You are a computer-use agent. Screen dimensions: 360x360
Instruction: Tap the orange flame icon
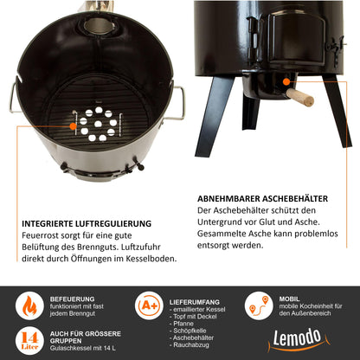point(29,305)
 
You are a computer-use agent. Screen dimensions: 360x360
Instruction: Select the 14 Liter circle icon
point(29,341)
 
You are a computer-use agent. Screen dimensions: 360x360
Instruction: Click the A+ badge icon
point(149,305)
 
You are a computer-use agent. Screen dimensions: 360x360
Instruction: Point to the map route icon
point(259,305)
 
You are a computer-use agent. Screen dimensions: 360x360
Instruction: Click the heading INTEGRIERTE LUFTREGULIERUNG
point(87,224)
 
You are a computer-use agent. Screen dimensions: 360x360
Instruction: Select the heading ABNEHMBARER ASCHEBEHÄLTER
point(262,199)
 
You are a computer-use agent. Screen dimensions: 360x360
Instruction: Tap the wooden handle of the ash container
point(300,97)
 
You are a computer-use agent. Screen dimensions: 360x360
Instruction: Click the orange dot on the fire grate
point(73,126)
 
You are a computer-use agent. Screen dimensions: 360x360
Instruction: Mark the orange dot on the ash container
point(286,82)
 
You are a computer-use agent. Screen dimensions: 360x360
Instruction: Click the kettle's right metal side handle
point(178,103)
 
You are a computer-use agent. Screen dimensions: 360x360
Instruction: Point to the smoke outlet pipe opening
point(99,26)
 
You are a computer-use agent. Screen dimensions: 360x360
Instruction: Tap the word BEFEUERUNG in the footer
point(72,299)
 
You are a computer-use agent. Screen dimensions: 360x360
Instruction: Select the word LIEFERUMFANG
point(195,302)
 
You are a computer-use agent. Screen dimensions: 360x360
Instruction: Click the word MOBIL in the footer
point(289,299)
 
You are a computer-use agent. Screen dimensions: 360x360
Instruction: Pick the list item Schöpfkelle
point(190,331)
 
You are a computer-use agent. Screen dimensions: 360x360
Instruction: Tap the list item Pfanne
point(183,324)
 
